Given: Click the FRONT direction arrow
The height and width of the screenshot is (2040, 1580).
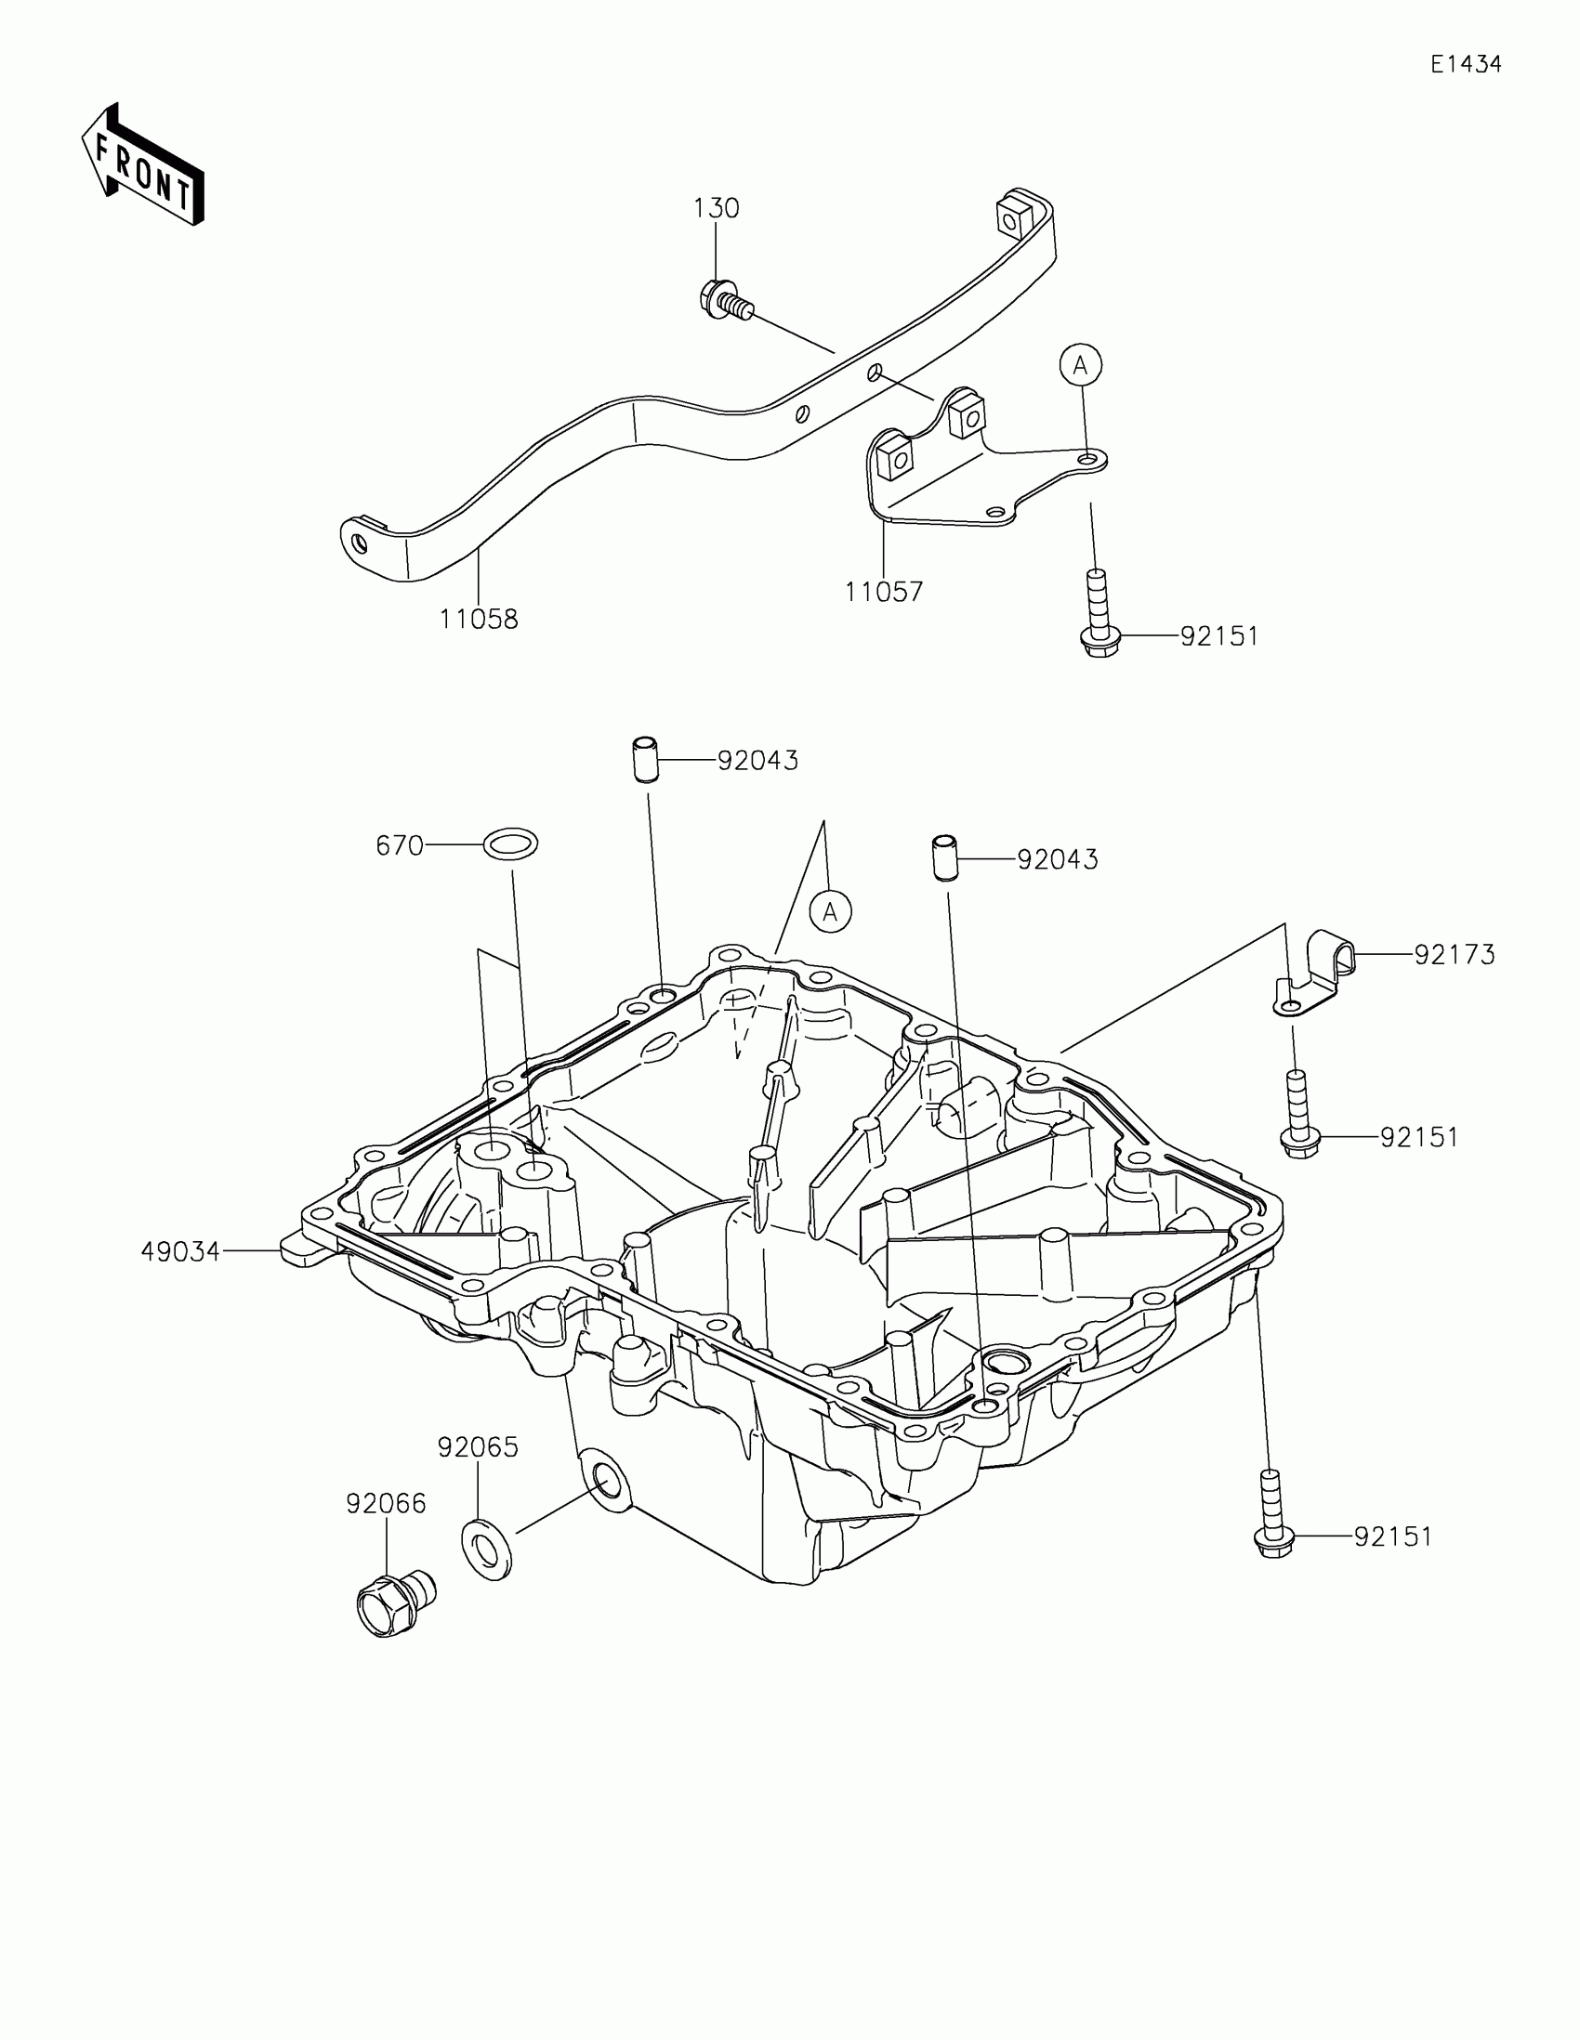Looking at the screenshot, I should click(x=143, y=163).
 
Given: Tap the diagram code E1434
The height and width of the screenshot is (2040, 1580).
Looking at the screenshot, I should click(x=1465, y=64).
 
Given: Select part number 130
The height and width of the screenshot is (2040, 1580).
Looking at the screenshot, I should click(x=716, y=208).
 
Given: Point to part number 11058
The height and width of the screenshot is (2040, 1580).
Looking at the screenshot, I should click(x=479, y=619).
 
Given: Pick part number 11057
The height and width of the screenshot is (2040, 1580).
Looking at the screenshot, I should click(x=884, y=591).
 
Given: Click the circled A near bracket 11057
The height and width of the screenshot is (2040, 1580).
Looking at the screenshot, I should click(x=1081, y=365).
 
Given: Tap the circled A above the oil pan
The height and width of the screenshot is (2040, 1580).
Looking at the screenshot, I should click(x=831, y=910).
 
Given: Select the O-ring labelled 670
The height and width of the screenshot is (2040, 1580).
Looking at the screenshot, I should click(x=510, y=844).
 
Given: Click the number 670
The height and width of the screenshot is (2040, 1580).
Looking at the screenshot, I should click(x=399, y=845).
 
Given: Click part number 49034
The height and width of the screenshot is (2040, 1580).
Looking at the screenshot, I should click(x=180, y=1251).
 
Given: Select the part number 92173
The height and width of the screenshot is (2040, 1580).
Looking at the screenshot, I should click(x=1455, y=955).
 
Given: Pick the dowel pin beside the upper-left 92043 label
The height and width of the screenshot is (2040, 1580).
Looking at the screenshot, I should click(x=642, y=759).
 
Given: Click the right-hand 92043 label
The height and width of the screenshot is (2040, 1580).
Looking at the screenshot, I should click(x=1058, y=859).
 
